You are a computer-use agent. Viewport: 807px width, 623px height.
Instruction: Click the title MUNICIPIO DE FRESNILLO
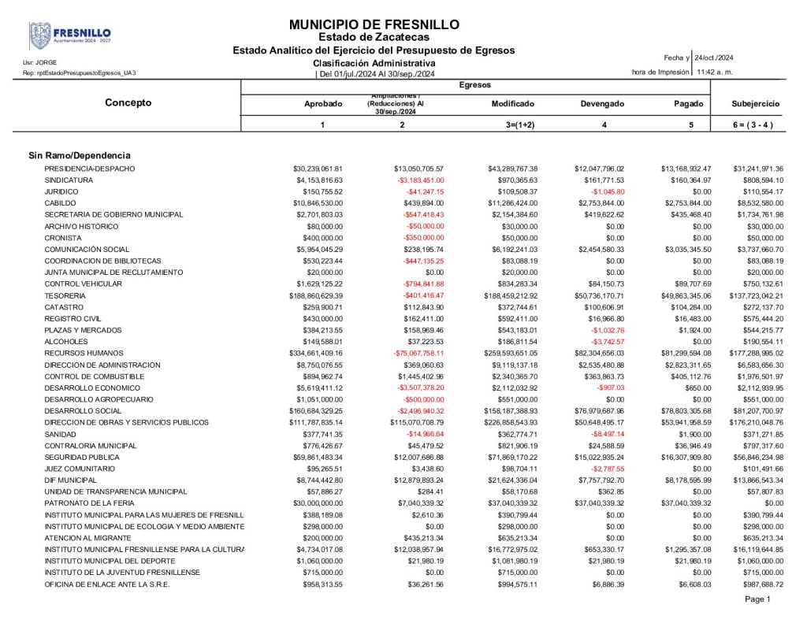[x=374, y=25]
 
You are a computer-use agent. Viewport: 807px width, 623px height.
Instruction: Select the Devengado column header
[x=602, y=104]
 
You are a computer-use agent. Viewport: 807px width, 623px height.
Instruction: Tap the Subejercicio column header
[x=755, y=104]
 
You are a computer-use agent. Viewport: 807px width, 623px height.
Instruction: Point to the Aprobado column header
[x=323, y=104]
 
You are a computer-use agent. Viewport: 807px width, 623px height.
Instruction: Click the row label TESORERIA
[x=65, y=295]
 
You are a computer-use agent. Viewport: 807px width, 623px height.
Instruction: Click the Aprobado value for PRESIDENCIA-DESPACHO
[x=318, y=169]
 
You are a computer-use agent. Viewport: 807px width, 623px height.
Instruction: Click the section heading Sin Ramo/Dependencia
[x=80, y=155]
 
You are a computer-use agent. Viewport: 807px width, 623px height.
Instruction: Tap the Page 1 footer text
[x=757, y=599]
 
